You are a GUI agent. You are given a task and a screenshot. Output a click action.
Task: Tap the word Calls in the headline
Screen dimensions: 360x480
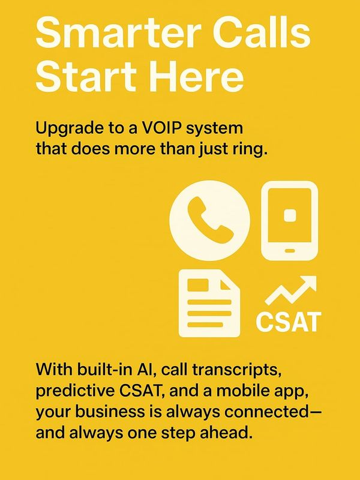click(x=262, y=32)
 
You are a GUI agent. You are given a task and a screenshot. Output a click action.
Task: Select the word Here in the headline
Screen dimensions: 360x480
click(x=198, y=76)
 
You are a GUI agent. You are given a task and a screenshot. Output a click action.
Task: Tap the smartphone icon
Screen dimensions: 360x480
click(x=289, y=220)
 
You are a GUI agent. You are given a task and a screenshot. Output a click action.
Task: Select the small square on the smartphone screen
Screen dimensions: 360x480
click(x=290, y=215)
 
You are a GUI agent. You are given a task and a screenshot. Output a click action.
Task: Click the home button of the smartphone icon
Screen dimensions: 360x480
click(x=290, y=251)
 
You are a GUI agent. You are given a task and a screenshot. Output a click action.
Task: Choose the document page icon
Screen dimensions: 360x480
click(x=209, y=303)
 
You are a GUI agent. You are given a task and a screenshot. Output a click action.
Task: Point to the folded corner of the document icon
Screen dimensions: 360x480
click(x=230, y=280)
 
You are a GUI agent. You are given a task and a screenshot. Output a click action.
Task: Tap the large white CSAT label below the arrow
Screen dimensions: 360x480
click(x=289, y=322)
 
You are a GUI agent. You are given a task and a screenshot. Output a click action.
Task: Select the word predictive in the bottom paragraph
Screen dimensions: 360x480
click(x=73, y=392)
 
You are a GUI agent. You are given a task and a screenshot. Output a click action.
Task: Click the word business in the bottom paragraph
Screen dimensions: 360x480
click(x=110, y=412)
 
